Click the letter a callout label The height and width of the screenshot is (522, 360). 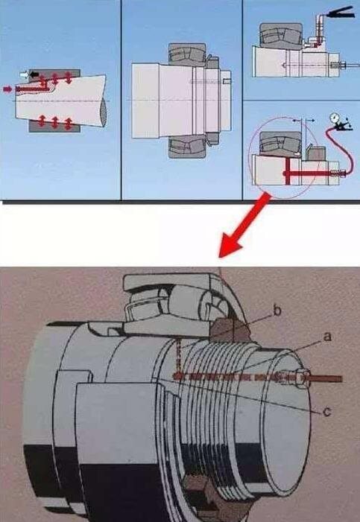point(328,337)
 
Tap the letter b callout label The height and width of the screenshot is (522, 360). point(277,311)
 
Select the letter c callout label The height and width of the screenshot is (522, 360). point(327,412)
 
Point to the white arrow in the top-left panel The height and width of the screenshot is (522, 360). point(25,75)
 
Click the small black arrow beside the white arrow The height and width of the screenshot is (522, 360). point(34,74)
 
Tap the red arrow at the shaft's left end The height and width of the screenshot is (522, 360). point(7,89)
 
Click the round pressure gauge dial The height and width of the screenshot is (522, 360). point(333,118)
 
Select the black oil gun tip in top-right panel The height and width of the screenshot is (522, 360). point(340,13)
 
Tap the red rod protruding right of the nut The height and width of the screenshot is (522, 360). point(326,379)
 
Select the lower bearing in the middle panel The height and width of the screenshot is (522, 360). point(186,147)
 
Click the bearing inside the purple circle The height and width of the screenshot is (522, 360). point(280,143)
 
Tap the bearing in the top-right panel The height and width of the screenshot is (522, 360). point(281,34)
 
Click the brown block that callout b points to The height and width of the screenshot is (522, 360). point(230,330)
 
